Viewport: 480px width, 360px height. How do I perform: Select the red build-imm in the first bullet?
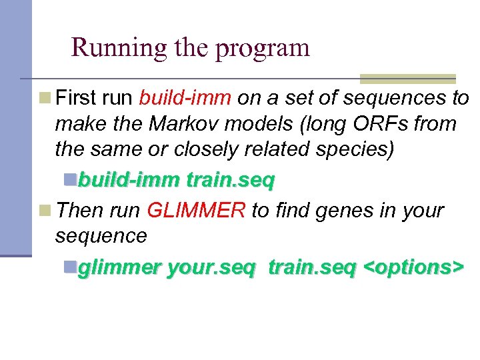pos(185,99)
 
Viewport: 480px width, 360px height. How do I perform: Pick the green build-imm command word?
pos(129,179)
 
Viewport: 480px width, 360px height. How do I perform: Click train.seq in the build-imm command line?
pos(231,179)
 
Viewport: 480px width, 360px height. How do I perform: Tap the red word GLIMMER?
pos(196,211)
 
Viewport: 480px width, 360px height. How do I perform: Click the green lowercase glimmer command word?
pos(120,267)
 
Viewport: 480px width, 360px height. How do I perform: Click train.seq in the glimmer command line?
pos(312,267)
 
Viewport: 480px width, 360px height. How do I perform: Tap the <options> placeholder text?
pos(411,267)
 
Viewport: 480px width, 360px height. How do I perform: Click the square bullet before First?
pos(45,99)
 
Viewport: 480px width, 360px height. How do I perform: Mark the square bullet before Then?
pos(45,211)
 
